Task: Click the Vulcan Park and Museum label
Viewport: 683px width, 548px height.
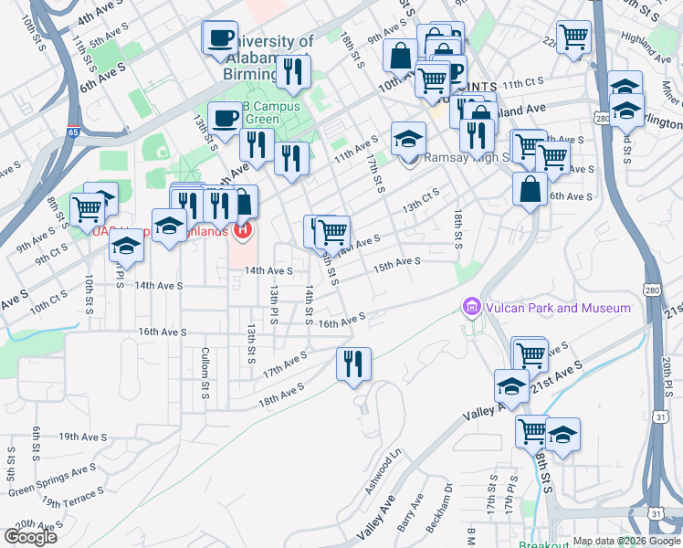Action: (x=557, y=308)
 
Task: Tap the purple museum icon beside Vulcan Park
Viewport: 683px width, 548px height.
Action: (x=472, y=308)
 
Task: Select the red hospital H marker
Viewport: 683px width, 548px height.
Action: (x=243, y=229)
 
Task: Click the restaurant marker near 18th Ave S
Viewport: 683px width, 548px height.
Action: (x=351, y=364)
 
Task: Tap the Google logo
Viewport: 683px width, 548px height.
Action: (x=31, y=536)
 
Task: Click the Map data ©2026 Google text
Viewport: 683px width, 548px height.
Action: (x=626, y=541)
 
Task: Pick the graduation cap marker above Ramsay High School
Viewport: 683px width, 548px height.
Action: (x=408, y=139)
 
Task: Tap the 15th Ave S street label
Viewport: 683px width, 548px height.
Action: (x=395, y=262)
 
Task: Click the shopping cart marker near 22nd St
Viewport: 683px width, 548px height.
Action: (x=574, y=37)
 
